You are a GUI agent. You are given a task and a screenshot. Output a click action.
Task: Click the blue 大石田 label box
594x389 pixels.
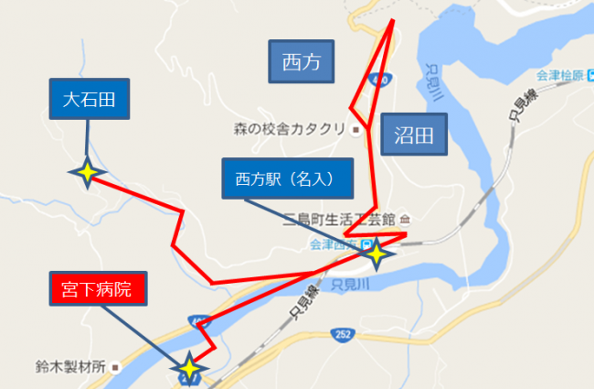click(x=89, y=99)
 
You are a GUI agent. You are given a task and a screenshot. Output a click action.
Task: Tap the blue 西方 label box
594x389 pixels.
click(x=302, y=62)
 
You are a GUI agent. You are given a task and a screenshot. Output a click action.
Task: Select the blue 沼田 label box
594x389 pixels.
click(x=413, y=137)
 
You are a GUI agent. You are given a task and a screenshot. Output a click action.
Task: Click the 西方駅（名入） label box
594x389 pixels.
click(x=287, y=178)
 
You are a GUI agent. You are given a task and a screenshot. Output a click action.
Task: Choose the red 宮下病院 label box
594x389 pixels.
click(x=97, y=291)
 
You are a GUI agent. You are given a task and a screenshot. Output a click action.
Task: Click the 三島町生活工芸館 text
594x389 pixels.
click(x=339, y=220)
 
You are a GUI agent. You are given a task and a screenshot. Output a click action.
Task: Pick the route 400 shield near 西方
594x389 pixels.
click(x=381, y=80)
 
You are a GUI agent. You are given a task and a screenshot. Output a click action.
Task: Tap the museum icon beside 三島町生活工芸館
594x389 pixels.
click(x=406, y=220)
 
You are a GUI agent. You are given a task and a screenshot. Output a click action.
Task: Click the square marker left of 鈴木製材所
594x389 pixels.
click(x=117, y=366)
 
